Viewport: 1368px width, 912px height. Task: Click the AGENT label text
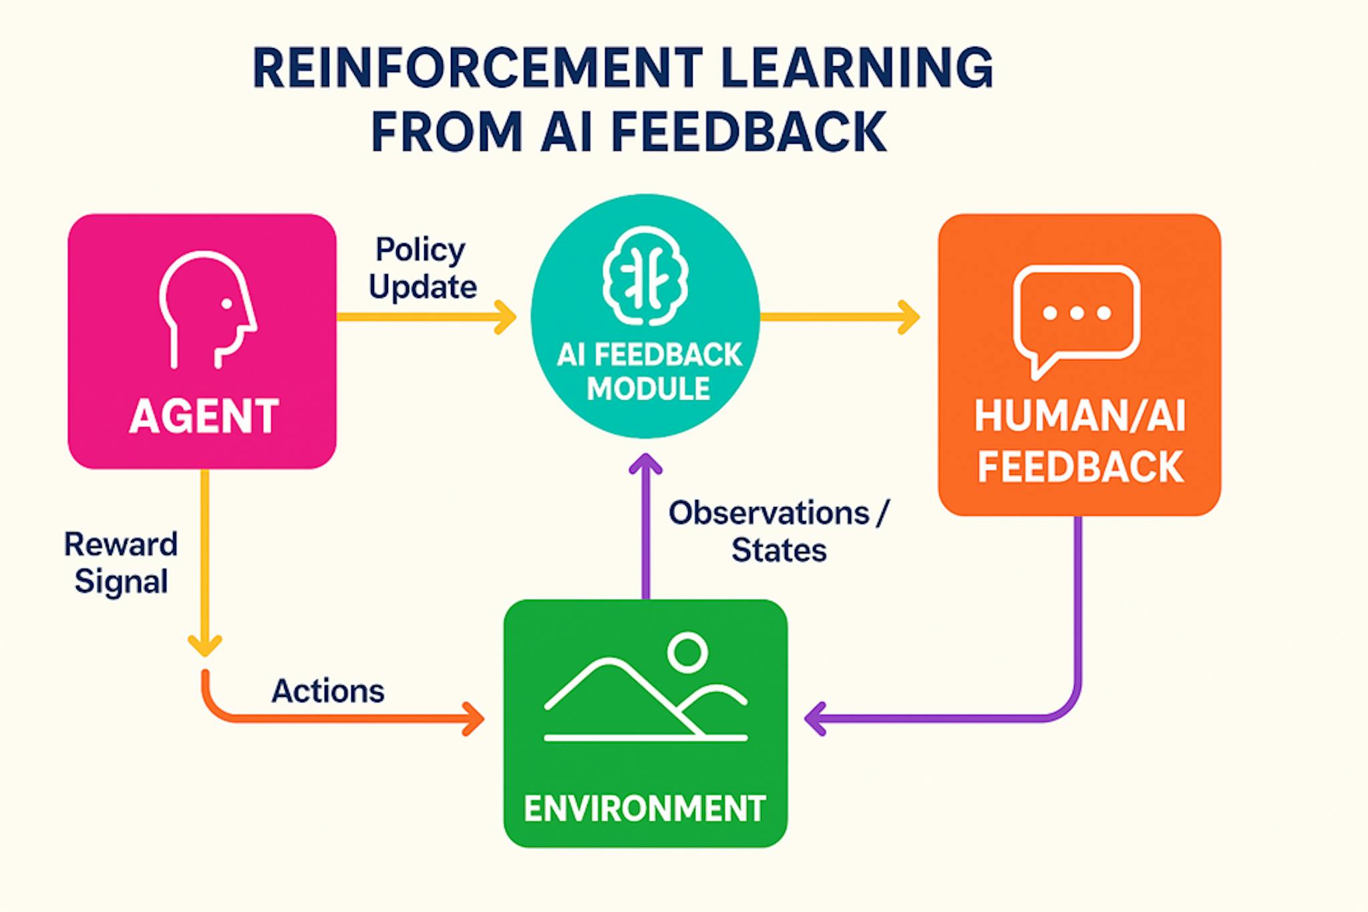click(204, 416)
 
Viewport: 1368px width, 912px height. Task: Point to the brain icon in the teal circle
click(645, 275)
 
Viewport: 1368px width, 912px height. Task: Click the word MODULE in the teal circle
click(648, 389)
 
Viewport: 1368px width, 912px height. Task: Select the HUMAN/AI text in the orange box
click(1079, 416)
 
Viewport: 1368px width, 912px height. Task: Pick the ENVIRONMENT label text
click(645, 808)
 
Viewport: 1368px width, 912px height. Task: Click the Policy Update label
click(422, 269)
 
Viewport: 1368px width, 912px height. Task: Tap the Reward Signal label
click(121, 563)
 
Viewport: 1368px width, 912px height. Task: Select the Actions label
click(328, 691)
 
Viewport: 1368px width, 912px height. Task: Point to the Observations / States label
click(779, 532)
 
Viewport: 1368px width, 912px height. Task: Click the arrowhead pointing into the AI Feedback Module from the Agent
click(504, 317)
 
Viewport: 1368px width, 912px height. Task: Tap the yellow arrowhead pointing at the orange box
click(908, 317)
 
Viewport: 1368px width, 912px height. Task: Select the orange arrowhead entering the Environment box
click(474, 719)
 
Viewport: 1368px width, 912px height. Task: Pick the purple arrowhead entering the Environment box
click(815, 719)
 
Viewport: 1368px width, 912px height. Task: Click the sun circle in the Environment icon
click(687, 652)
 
